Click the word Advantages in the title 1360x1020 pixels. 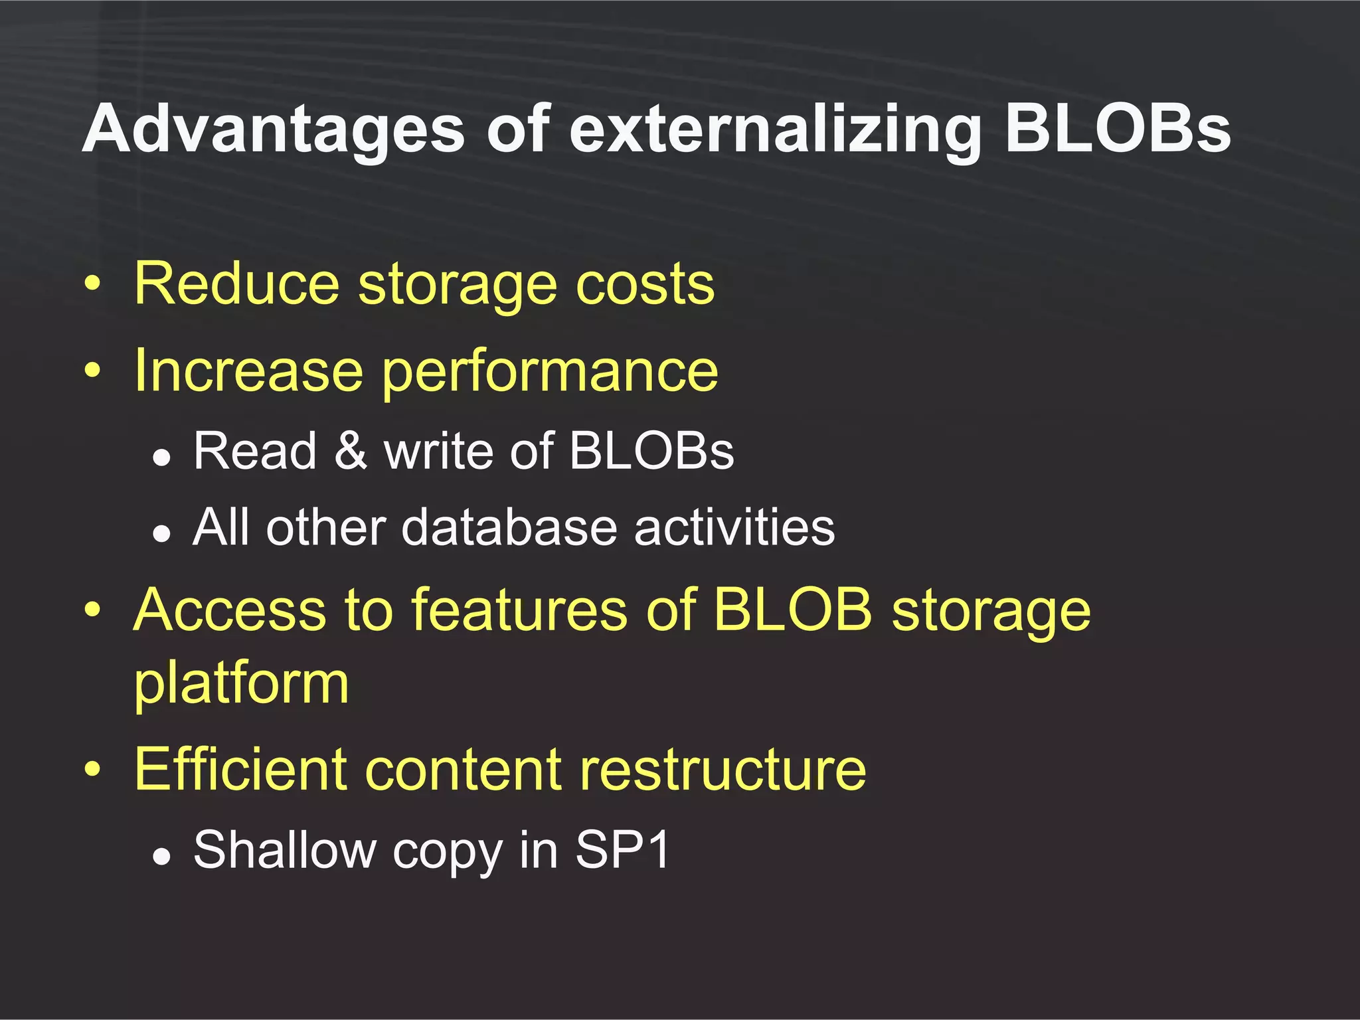click(273, 129)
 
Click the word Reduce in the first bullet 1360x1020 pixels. click(237, 284)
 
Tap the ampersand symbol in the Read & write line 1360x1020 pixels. click(350, 451)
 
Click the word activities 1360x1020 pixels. click(734, 527)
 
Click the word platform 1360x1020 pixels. click(241, 684)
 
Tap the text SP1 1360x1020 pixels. click(622, 849)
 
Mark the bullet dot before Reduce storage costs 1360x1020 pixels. click(93, 285)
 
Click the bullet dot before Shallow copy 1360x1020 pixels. click(161, 857)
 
